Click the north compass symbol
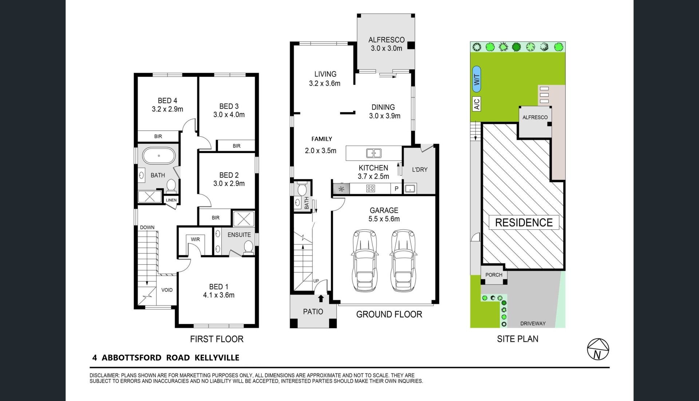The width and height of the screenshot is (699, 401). click(598, 349)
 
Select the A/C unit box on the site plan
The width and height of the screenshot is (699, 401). click(477, 104)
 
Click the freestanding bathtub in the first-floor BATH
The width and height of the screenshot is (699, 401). click(159, 156)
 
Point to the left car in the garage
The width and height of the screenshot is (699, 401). click(364, 260)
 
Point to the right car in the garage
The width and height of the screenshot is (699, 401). click(403, 260)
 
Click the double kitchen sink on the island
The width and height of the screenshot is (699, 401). click(374, 153)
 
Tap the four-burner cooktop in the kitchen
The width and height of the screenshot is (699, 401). click(371, 188)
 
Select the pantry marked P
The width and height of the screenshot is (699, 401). click(396, 188)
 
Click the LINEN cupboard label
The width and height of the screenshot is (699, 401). click(171, 200)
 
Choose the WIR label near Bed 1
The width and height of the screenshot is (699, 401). click(195, 239)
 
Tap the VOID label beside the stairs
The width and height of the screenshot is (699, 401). click(167, 290)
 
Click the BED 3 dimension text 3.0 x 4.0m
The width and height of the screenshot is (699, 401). click(229, 115)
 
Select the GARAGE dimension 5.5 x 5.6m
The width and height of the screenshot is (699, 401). click(384, 219)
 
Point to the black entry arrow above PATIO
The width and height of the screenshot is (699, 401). click(321, 298)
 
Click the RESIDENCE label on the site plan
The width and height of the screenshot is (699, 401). click(524, 222)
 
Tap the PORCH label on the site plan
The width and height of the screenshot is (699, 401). click(494, 275)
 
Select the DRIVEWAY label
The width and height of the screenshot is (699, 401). click(533, 324)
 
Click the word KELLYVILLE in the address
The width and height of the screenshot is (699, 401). click(217, 358)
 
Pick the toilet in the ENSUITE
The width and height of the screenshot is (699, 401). click(249, 247)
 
